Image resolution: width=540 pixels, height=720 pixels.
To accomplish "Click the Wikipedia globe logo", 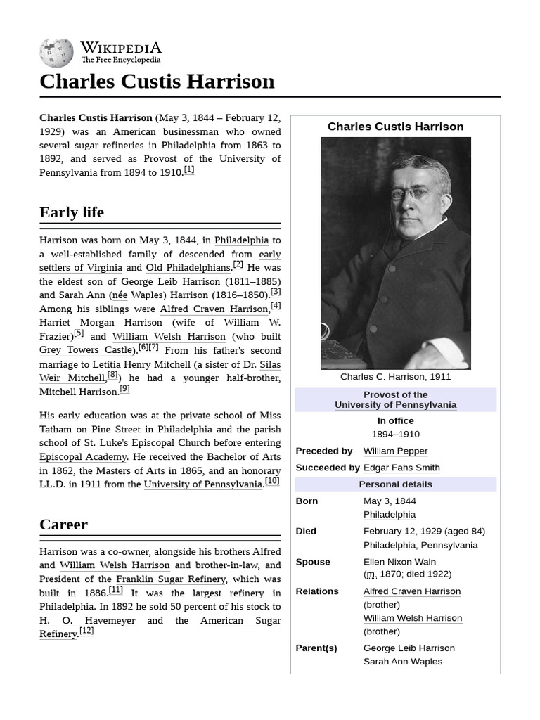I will pyautogui.click(x=56, y=53).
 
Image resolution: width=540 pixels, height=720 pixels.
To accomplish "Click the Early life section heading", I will pyautogui.click(x=72, y=212).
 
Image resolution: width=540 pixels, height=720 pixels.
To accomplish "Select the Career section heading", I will pyautogui.click(x=64, y=525).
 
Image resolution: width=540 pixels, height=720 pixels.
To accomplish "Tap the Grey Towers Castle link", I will pyautogui.click(x=86, y=350).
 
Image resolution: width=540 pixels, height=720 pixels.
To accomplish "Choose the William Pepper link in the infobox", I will pyautogui.click(x=395, y=451).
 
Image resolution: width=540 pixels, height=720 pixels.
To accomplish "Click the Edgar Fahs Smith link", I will pyautogui.click(x=401, y=468).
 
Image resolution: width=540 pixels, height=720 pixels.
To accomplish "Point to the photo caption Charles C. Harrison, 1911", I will pyautogui.click(x=395, y=377).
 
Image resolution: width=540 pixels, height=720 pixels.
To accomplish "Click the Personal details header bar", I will pyautogui.click(x=395, y=484).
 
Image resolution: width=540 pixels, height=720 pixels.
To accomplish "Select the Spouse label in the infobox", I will pyautogui.click(x=313, y=562).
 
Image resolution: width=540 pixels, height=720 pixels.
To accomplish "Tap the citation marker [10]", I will pyautogui.click(x=272, y=482).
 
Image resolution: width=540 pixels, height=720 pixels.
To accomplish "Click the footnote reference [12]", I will pyautogui.click(x=86, y=631).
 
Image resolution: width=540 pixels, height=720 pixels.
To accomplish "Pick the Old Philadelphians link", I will pyautogui.click(x=188, y=268).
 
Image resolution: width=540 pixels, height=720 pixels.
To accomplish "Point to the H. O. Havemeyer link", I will pyautogui.click(x=87, y=621).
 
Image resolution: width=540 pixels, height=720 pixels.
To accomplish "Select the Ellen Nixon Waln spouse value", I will pyautogui.click(x=399, y=562).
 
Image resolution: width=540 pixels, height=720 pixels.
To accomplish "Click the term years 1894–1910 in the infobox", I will pyautogui.click(x=395, y=435).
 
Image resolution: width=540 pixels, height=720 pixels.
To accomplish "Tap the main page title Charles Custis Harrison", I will pyautogui.click(x=157, y=82).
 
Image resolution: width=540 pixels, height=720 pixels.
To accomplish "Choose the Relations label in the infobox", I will pyautogui.click(x=317, y=591).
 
